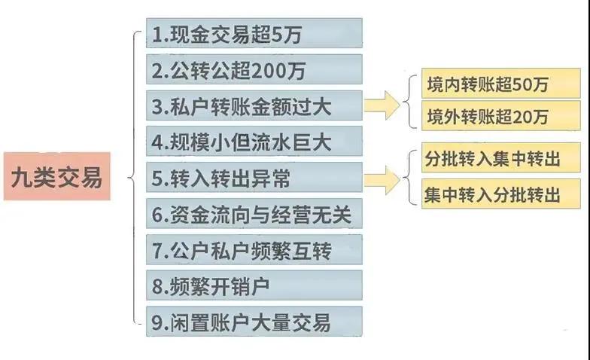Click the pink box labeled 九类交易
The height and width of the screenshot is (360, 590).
(57, 176)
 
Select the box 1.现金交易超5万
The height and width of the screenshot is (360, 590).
(254, 33)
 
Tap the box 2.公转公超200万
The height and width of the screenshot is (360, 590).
(254, 69)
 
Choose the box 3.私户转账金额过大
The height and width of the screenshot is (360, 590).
(254, 105)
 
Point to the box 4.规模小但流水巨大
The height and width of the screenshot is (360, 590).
(254, 142)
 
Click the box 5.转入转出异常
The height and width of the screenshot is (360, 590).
(254, 178)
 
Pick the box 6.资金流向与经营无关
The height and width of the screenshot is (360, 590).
(254, 214)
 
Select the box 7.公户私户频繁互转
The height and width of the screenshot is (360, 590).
(254, 250)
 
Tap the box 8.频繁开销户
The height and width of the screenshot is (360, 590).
(254, 285)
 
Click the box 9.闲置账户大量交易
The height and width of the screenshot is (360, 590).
(254, 322)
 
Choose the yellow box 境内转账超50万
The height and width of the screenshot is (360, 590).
(501, 84)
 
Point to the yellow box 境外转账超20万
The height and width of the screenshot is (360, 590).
(501, 116)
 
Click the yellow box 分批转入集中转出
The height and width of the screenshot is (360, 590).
(501, 158)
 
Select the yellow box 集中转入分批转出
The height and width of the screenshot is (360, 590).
(501, 194)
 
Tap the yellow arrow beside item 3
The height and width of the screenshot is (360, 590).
(382, 105)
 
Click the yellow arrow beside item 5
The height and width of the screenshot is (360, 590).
(382, 180)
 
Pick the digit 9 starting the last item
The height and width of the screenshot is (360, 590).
(157, 322)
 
